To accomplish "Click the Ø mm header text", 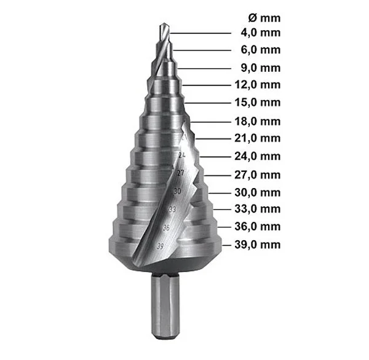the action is [x=264, y=18].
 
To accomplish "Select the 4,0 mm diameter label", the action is [x=261, y=33].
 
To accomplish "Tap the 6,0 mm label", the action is [x=261, y=50].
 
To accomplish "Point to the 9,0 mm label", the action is [x=261, y=68].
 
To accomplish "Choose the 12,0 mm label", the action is [x=258, y=85].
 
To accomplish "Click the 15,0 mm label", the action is [x=258, y=103].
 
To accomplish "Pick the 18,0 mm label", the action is [x=258, y=122].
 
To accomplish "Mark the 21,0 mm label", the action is [x=258, y=138].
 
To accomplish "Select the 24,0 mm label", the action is [x=258, y=157].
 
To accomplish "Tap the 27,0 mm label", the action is [x=258, y=175].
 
